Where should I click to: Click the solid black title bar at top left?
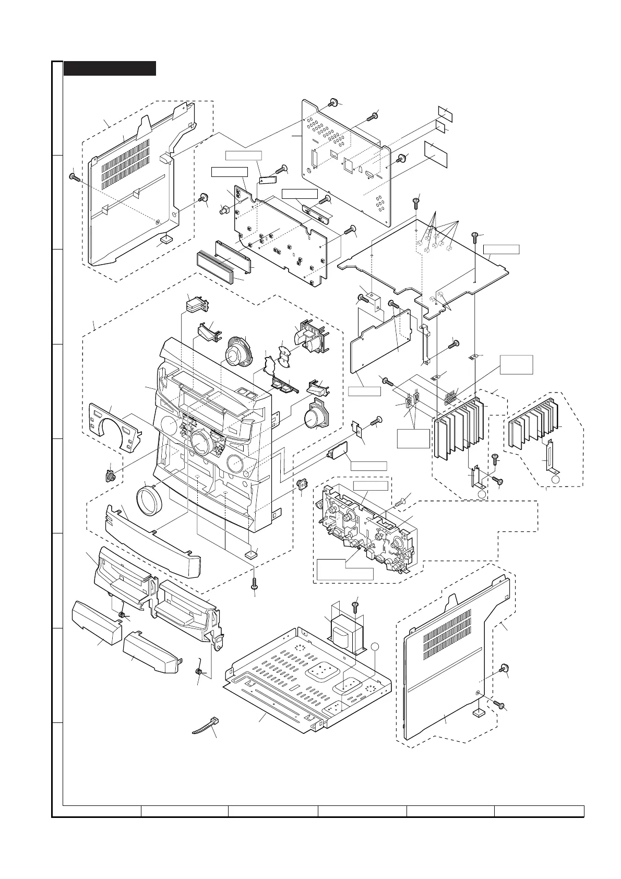pos(110,68)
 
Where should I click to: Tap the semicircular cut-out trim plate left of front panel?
pos(115,425)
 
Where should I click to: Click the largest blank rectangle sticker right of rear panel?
pos(436,153)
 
